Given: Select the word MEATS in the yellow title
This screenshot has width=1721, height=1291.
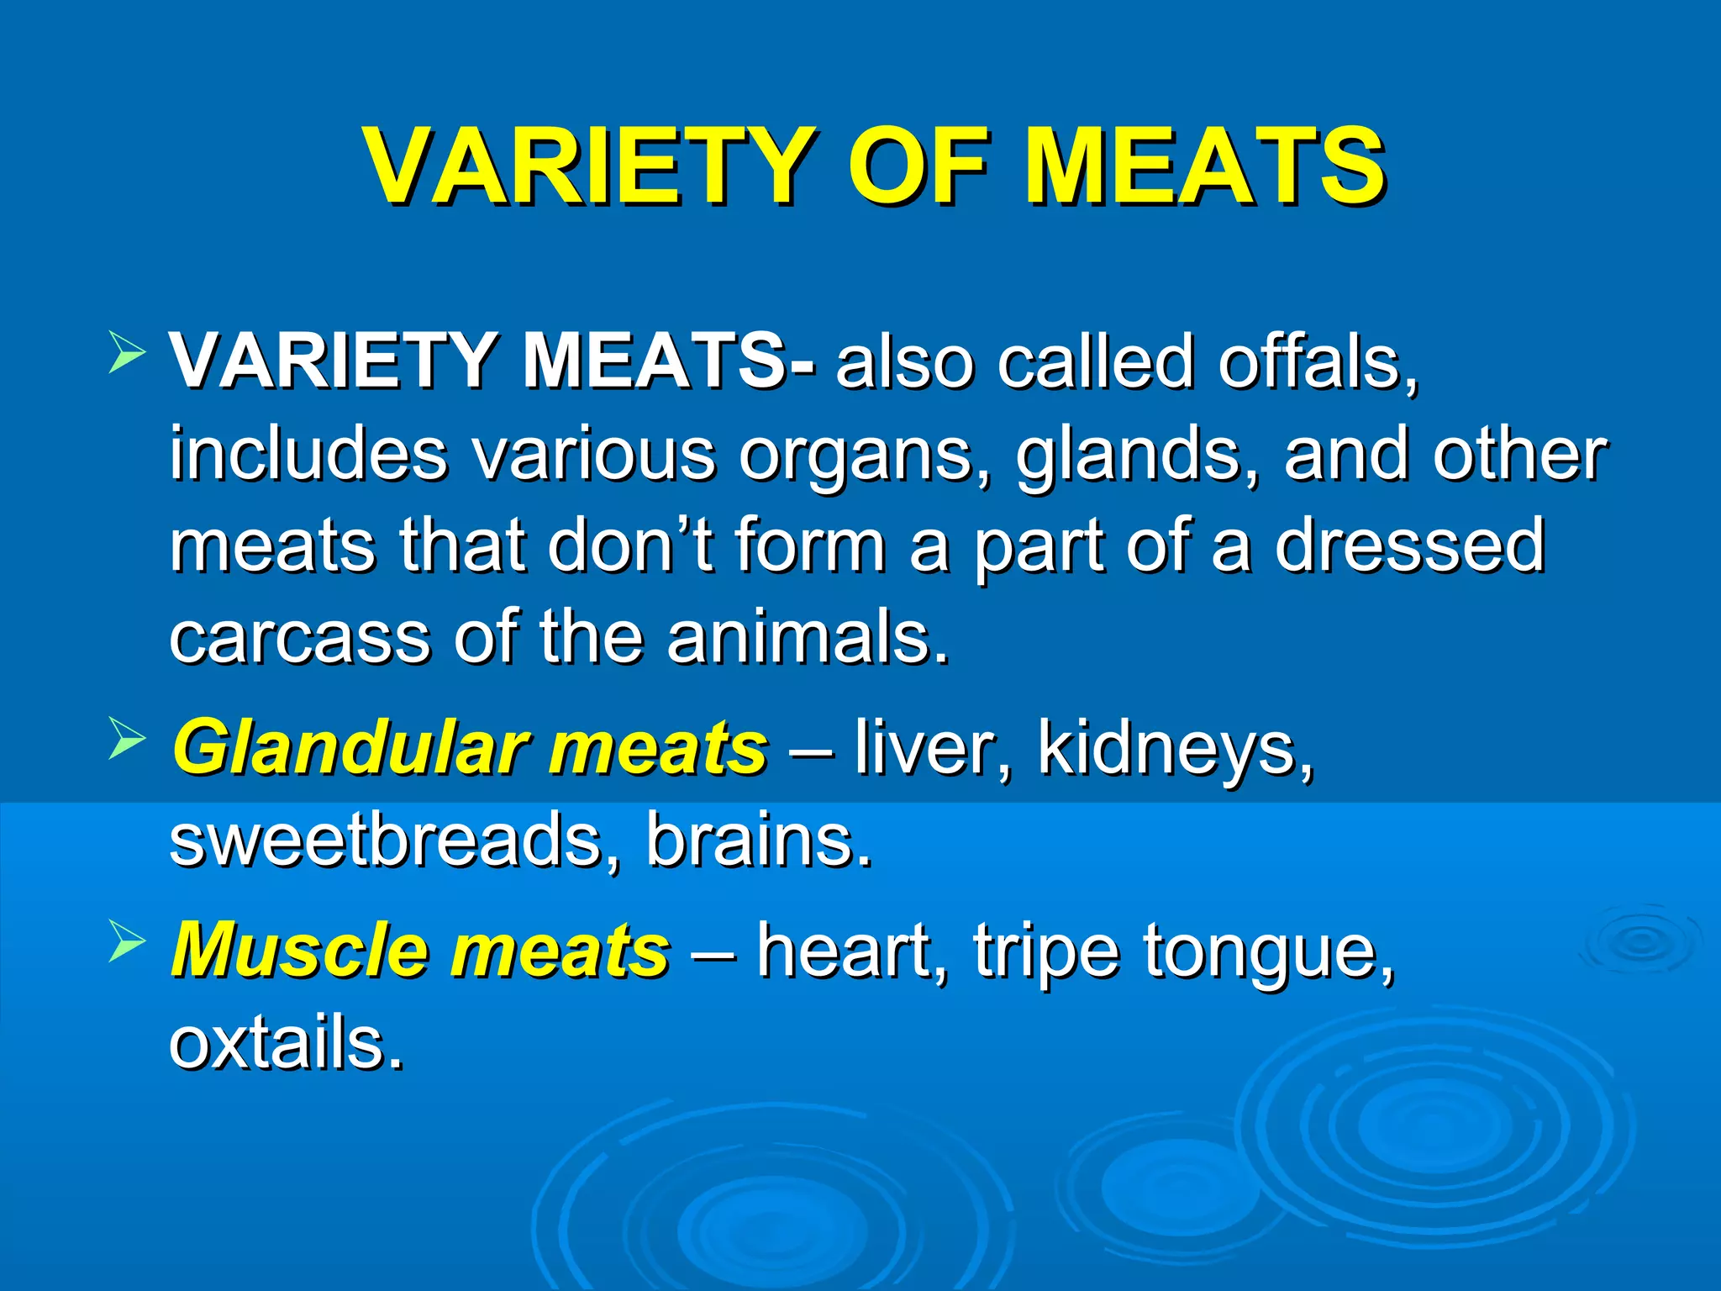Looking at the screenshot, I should (1203, 166).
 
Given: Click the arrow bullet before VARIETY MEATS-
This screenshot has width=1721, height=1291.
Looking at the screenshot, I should (127, 352).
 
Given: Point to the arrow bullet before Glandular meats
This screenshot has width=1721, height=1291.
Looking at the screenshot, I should (127, 739).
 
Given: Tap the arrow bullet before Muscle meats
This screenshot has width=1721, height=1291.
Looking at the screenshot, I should (127, 941).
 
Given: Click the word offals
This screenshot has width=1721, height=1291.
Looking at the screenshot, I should (1318, 361).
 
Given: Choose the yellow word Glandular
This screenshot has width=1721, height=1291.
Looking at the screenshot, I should (350, 748).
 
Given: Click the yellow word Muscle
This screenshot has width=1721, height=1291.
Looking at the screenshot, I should (297, 950).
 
